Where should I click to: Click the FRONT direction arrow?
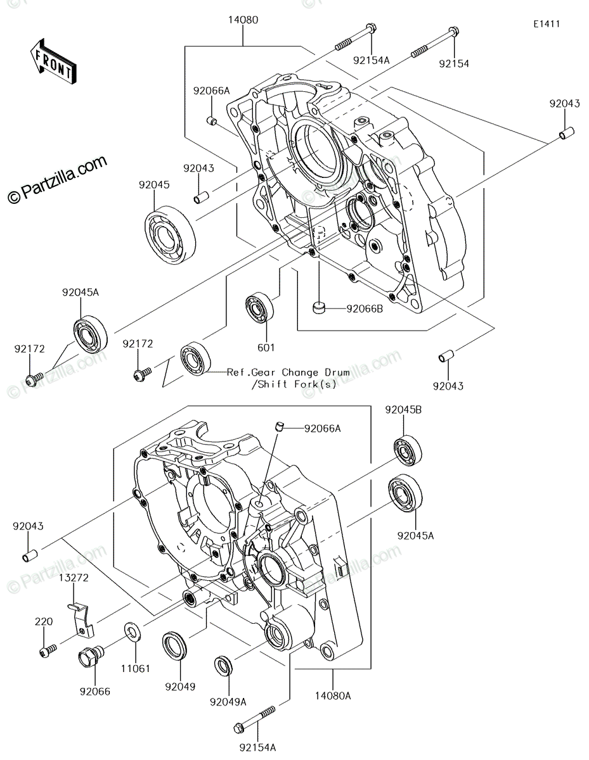click(x=53, y=61)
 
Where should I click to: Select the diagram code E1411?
click(x=547, y=24)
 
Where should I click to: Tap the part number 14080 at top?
click(x=243, y=20)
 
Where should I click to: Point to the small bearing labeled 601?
click(x=260, y=307)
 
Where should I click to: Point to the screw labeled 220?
click(x=48, y=652)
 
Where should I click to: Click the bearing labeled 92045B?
click(x=408, y=450)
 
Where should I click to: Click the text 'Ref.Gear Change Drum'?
click(x=288, y=372)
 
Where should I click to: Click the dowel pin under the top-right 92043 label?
click(x=566, y=133)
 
